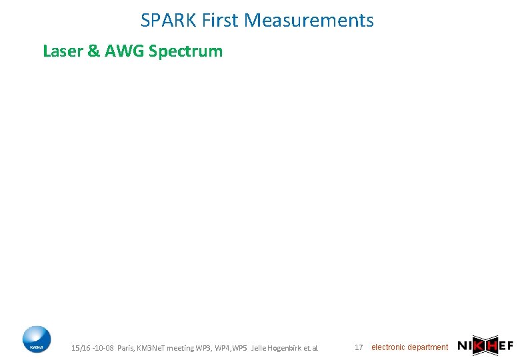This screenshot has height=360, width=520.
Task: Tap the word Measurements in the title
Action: click(x=310, y=21)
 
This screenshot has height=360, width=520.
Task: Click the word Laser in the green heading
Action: click(x=63, y=51)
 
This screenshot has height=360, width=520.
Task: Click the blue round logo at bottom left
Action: click(x=36, y=339)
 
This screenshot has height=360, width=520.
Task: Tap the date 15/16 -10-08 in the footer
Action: click(x=92, y=348)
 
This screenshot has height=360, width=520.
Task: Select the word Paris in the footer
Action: click(x=125, y=348)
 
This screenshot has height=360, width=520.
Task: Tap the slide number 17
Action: click(x=359, y=347)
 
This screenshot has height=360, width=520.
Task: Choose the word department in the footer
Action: click(x=427, y=347)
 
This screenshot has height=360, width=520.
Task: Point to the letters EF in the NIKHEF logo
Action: click(x=506, y=345)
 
